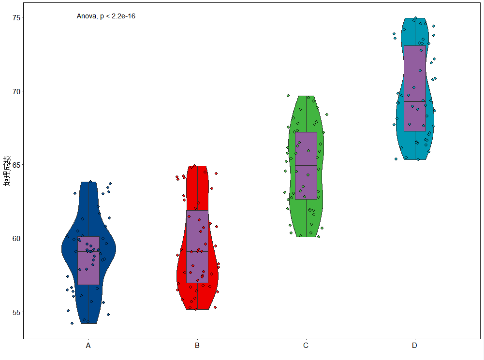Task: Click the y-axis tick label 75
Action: pyautogui.click(x=16, y=17)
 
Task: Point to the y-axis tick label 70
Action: pyautogui.click(x=16, y=92)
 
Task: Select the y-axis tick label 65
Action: pyautogui.click(x=16, y=165)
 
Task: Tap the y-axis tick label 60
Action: pyautogui.click(x=16, y=239)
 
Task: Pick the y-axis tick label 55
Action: pyautogui.click(x=16, y=313)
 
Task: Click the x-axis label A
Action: pyautogui.click(x=88, y=346)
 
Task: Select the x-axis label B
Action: pyautogui.click(x=197, y=346)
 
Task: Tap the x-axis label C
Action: pyautogui.click(x=306, y=346)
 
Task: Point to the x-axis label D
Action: pyautogui.click(x=414, y=346)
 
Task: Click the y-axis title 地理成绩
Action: pyautogui.click(x=7, y=171)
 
